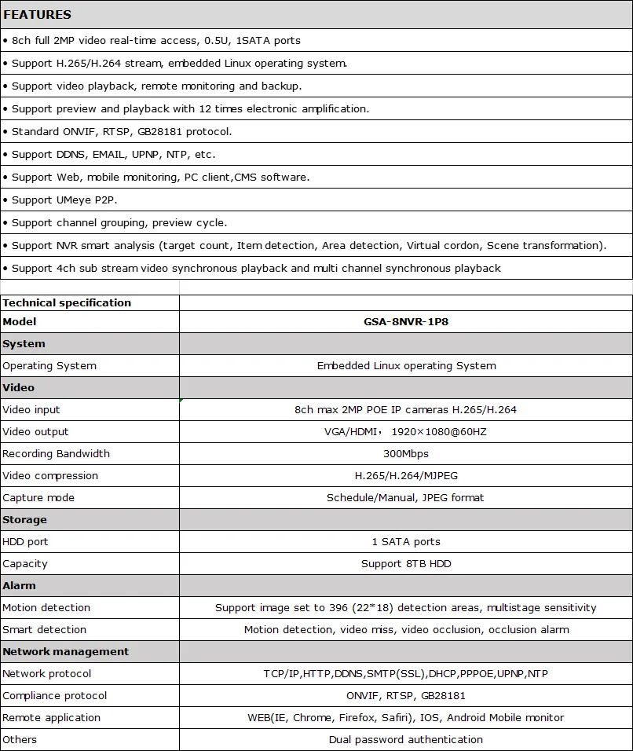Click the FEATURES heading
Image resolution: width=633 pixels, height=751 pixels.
[37, 14]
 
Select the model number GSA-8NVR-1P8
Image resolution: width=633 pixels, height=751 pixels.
[406, 321]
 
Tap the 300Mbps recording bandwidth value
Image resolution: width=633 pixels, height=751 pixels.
[406, 453]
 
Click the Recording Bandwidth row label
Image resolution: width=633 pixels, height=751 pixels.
[56, 453]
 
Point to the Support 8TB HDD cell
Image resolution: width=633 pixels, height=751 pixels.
[406, 563]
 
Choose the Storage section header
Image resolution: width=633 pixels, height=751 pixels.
[24, 519]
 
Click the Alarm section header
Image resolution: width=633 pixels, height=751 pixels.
[19, 585]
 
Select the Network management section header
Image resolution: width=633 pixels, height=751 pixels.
[65, 651]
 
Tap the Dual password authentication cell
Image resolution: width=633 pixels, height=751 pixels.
[406, 739]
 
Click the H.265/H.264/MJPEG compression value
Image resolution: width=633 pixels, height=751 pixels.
[406, 475]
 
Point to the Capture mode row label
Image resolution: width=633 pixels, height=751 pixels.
[38, 497]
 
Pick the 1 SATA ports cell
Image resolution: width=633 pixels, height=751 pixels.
[406, 541]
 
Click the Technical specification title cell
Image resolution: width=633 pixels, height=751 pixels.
[67, 302]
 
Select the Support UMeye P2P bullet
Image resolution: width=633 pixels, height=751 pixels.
[64, 200]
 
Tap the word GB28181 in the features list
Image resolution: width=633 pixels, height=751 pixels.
[163, 131]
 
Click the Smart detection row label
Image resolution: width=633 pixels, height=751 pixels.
[45, 629]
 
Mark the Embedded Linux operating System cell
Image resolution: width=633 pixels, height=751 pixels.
[406, 365]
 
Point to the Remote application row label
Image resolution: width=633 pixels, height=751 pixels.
[51, 717]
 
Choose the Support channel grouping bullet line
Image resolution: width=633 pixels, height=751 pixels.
[119, 222]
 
